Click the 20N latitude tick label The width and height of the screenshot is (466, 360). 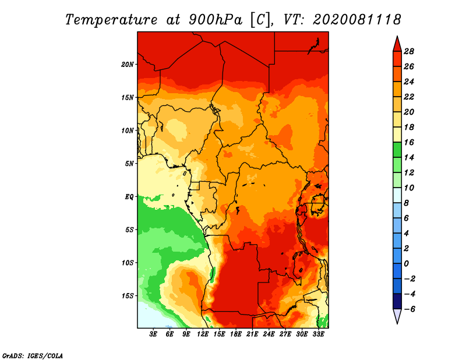(128, 64)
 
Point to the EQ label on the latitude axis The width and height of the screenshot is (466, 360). (129, 197)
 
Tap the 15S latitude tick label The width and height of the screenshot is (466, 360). (128, 296)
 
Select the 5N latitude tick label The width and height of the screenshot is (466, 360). (130, 164)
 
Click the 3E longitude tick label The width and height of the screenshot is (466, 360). (154, 334)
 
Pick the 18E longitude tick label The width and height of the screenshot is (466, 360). (236, 334)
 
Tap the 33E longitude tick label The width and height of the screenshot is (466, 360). (319, 334)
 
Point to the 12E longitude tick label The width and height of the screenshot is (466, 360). (203, 334)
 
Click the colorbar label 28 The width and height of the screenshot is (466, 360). (409, 51)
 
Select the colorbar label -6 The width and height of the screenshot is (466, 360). (409, 309)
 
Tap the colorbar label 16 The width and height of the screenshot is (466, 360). (409, 142)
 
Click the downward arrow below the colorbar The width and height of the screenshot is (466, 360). (397, 316)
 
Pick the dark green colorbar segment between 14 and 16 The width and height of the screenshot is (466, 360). (397, 150)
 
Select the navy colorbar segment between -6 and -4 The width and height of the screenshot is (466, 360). (397, 301)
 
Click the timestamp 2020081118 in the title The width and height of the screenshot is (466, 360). (357, 20)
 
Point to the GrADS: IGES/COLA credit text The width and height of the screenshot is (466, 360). (32, 355)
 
